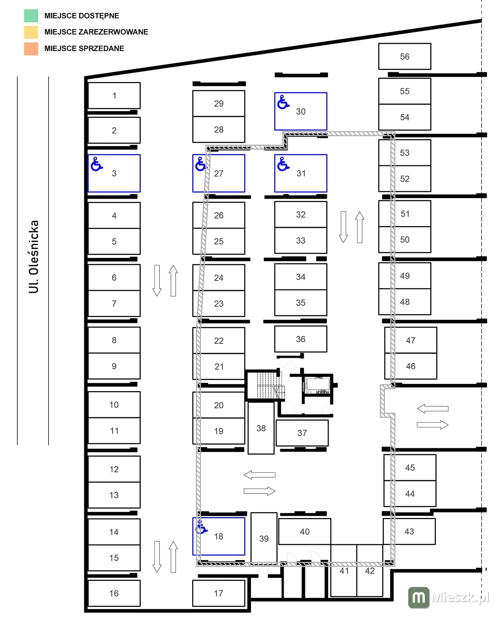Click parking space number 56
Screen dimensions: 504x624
point(405,56)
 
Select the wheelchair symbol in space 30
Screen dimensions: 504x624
point(283,102)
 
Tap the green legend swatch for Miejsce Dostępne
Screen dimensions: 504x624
point(31,16)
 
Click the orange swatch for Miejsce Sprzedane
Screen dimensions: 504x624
point(31,49)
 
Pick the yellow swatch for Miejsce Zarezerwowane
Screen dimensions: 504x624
point(31,32)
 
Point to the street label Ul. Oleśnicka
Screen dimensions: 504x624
point(33,257)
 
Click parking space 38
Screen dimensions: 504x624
point(261,428)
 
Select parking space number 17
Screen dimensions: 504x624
point(219,593)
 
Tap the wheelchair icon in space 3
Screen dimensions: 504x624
point(96,164)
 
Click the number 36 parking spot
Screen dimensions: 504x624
point(301,339)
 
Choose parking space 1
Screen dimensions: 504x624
point(114,96)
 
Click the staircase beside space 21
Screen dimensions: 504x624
point(266,385)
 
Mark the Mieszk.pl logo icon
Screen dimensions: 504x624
point(419,597)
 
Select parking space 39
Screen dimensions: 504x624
point(264,538)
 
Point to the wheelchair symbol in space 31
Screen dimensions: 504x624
point(283,164)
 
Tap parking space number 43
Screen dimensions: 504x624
point(409,531)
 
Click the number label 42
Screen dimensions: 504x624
point(370,571)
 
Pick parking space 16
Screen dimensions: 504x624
point(114,593)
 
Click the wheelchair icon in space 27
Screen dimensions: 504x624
point(201,164)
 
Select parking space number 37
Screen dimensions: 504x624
point(302,433)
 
